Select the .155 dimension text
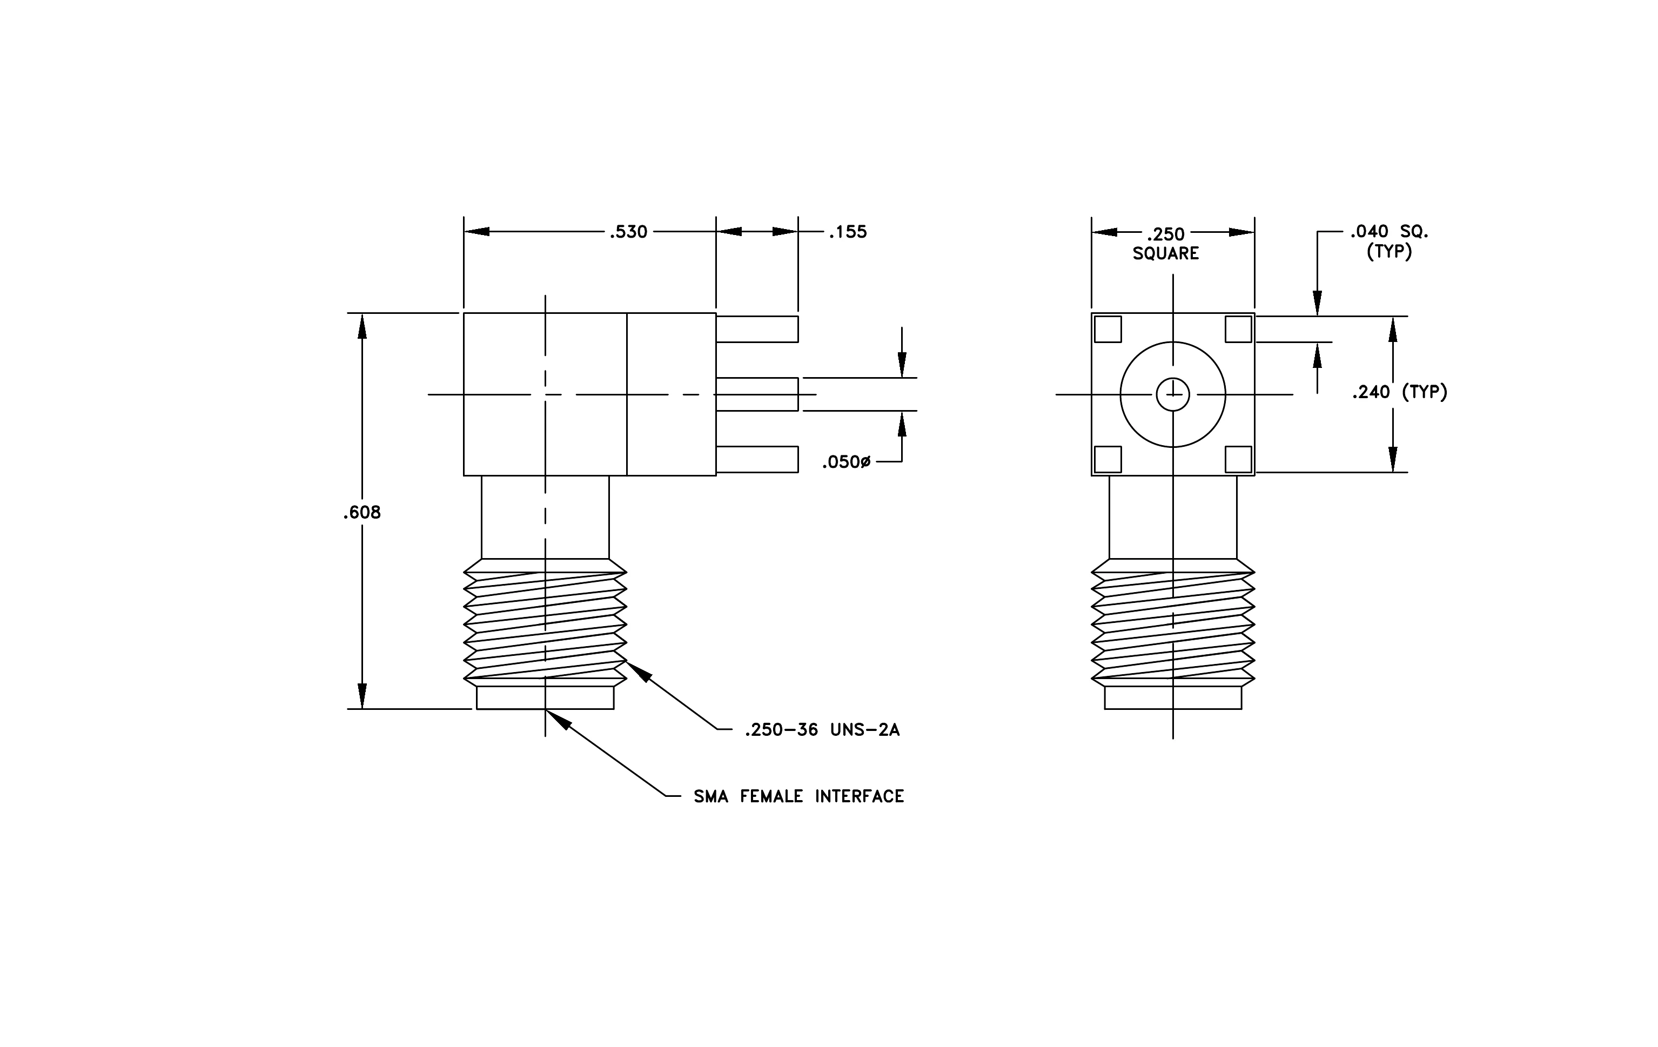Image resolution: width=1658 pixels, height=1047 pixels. coord(847,232)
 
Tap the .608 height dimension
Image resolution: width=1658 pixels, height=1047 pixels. coord(361,512)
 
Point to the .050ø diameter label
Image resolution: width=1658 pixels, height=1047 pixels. coord(845,462)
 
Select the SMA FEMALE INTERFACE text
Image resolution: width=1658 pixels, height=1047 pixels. coord(798,796)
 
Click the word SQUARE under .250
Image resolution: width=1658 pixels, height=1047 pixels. coord(1166,253)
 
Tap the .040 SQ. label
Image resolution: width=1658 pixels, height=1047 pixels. coord(1389,232)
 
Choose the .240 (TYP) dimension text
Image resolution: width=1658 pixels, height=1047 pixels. coord(1399,392)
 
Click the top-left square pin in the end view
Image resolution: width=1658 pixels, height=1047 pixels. coord(1108,329)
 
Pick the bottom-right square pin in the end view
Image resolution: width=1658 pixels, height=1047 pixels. coord(1239,459)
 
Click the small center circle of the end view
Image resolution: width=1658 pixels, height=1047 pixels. coord(1172,394)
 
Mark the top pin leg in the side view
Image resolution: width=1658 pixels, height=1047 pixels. coord(757,329)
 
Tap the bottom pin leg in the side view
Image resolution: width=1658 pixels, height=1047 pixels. coord(757,459)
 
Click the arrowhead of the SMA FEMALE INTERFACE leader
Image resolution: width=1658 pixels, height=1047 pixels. coord(559,719)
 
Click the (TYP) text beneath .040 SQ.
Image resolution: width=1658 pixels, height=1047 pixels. coord(1389,252)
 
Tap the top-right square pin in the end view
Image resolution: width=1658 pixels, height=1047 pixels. coord(1239,329)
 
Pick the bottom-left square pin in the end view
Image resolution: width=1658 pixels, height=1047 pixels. coord(1108,459)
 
